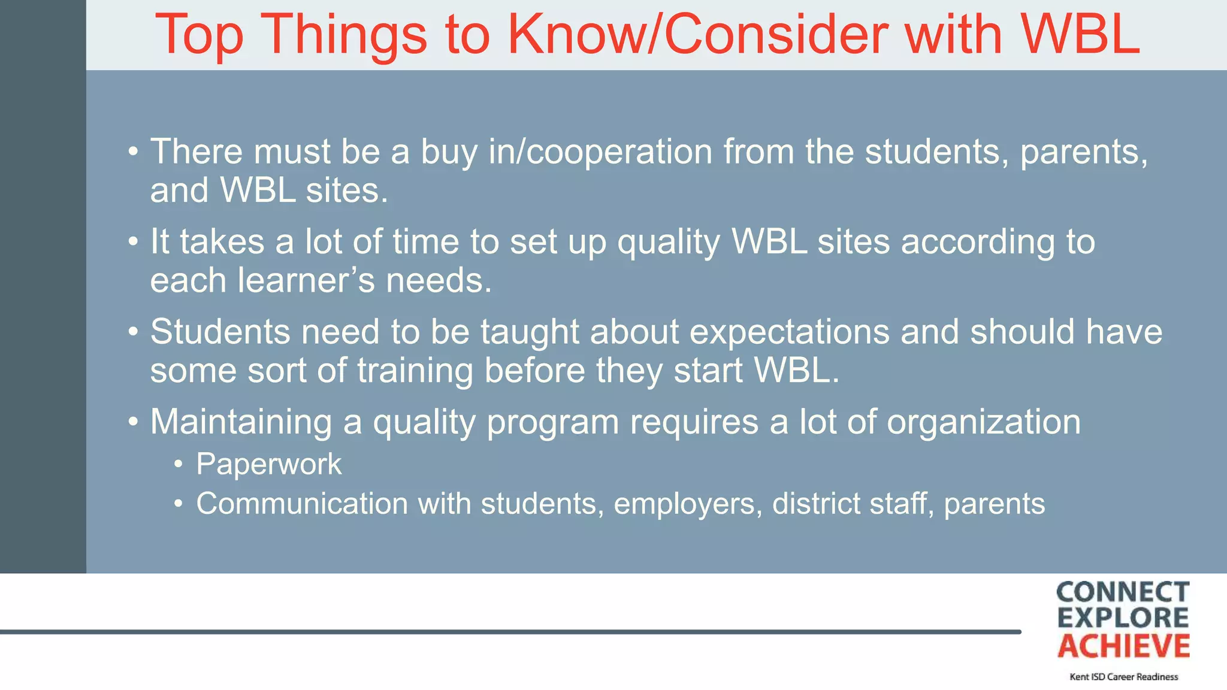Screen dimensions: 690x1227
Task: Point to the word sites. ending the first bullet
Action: [347, 190]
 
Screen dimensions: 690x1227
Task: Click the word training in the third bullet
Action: [415, 371]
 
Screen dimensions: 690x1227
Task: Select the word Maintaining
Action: [241, 422]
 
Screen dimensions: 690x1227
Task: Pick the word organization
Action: [984, 422]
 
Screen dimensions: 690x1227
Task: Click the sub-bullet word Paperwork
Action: [268, 464]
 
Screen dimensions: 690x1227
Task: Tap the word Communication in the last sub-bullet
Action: [302, 503]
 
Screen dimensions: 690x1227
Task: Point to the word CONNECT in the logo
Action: [1123, 592]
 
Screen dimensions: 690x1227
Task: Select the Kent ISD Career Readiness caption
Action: [1123, 677]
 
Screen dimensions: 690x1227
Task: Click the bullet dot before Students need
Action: [133, 331]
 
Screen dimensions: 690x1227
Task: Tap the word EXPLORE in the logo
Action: [1123, 618]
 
